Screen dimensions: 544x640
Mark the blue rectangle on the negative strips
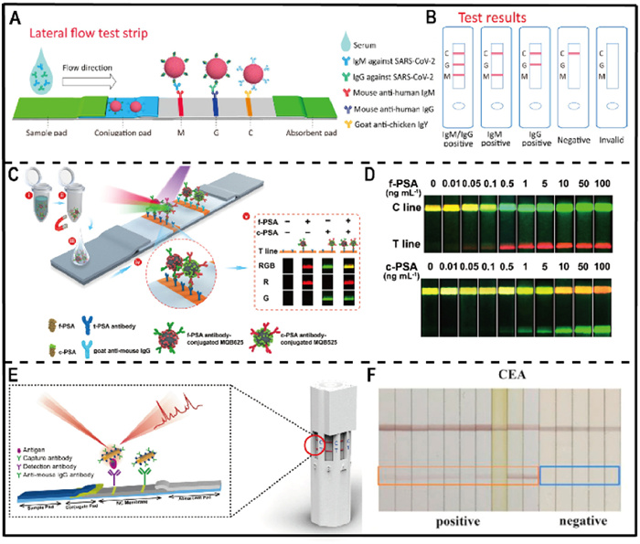pyautogui.click(x=580, y=475)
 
